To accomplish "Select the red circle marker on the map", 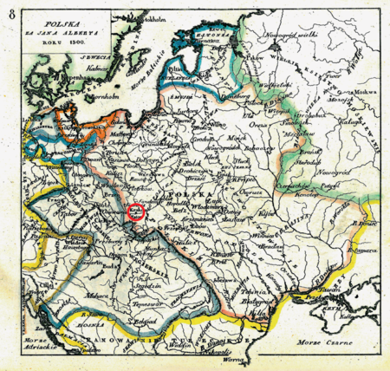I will point(136,210).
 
